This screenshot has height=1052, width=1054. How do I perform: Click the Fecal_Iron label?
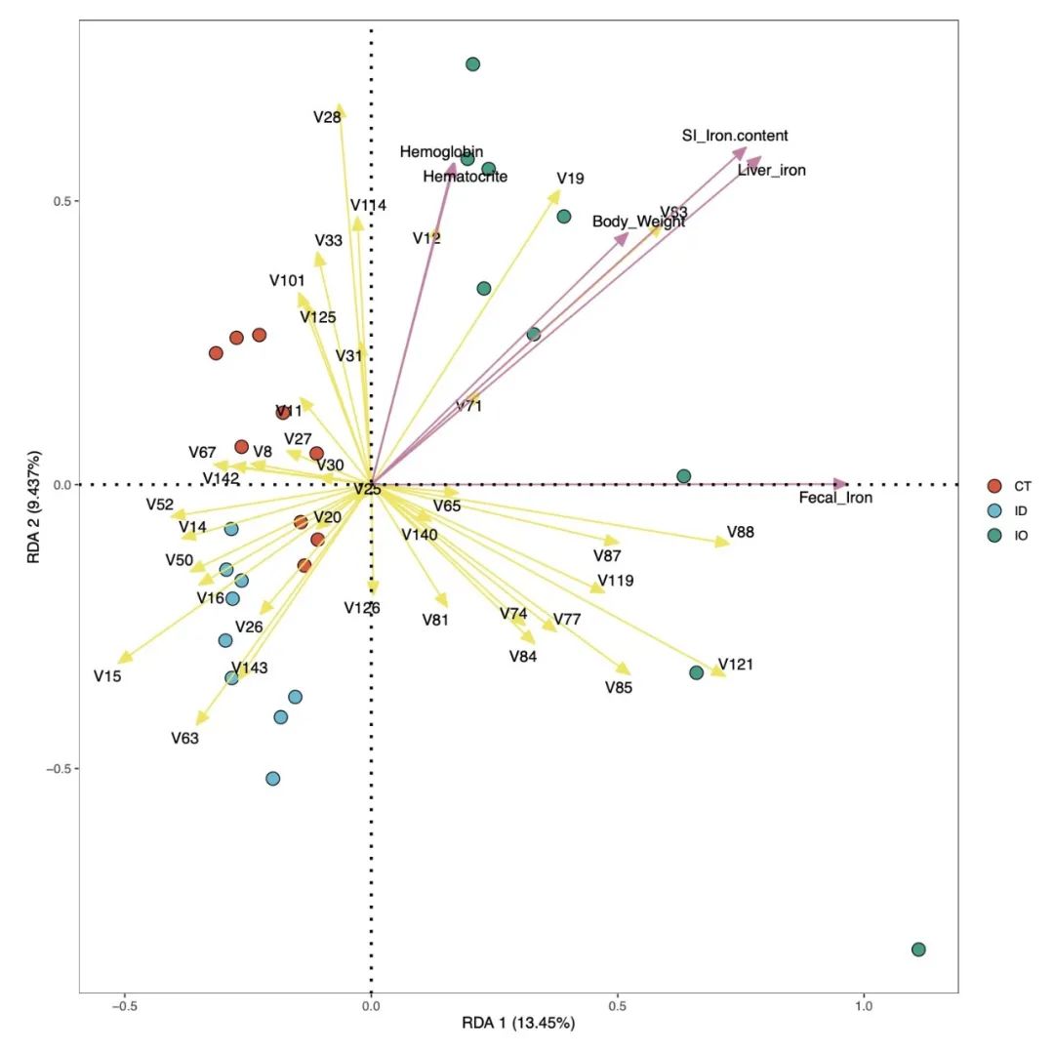tap(835, 498)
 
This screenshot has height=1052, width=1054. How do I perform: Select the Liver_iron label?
tap(771, 171)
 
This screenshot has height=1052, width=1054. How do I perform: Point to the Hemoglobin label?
tap(441, 152)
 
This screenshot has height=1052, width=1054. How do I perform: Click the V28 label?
tap(327, 117)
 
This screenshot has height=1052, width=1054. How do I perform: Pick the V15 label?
tap(107, 675)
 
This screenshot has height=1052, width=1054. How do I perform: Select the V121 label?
tap(735, 665)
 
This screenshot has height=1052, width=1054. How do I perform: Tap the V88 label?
tap(741, 533)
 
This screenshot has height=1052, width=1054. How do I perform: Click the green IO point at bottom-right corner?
tap(917, 950)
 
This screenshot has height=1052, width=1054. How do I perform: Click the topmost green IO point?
tap(472, 64)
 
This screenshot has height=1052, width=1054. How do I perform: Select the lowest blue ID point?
tap(273, 779)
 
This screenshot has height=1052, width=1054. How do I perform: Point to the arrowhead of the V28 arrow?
tap(340, 108)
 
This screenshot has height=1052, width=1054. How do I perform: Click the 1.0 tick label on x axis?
tap(864, 1006)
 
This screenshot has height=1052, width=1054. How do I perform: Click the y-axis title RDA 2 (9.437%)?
tap(34, 507)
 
